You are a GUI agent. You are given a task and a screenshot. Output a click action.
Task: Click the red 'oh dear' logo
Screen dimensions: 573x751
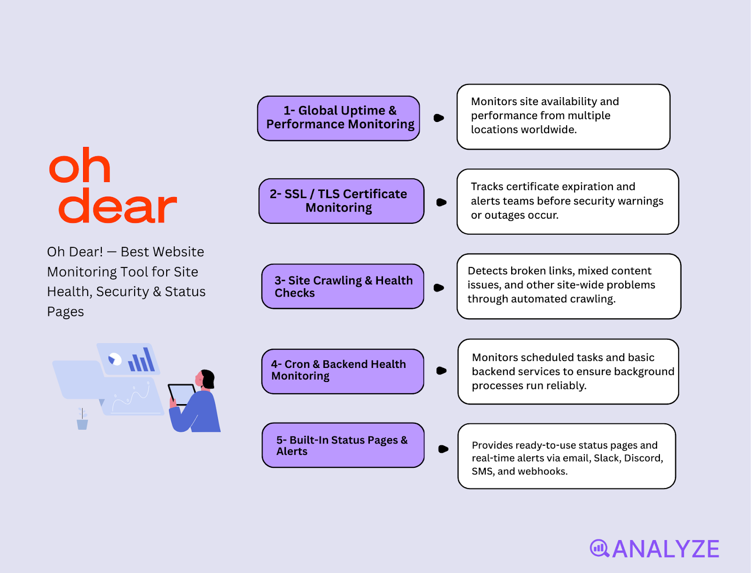click(x=113, y=186)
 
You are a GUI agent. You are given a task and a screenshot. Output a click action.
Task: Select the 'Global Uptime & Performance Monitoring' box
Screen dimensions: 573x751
click(x=338, y=118)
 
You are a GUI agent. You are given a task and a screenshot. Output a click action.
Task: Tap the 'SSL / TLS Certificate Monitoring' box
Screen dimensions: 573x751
click(x=341, y=201)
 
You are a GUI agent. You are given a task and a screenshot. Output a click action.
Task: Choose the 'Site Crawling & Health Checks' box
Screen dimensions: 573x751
click(x=343, y=286)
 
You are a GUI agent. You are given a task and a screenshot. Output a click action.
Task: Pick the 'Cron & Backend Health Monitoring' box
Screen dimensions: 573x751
click(x=343, y=371)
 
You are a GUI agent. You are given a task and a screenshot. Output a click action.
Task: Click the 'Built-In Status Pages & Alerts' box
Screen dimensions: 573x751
click(x=343, y=445)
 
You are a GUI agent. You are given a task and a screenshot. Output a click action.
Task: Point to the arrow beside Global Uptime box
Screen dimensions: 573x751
click(x=439, y=118)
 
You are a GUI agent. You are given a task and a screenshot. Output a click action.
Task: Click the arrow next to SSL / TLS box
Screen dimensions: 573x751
click(x=441, y=202)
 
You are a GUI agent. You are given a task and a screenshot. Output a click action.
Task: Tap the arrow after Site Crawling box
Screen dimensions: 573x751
click(x=439, y=288)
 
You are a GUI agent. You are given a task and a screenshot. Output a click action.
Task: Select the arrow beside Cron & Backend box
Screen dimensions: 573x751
click(x=441, y=371)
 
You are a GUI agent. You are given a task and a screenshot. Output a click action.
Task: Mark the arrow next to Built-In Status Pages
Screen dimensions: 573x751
click(x=443, y=449)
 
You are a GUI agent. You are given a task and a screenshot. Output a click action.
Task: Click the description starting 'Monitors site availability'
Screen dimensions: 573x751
click(x=563, y=116)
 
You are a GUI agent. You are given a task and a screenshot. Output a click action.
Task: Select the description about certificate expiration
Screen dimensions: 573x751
click(x=567, y=201)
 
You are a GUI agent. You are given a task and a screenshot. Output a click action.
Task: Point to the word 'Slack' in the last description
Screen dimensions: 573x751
click(x=606, y=458)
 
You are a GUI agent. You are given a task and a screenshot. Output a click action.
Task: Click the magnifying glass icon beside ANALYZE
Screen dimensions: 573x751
click(x=599, y=548)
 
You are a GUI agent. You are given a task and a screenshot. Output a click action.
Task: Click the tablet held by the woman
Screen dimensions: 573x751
click(x=182, y=393)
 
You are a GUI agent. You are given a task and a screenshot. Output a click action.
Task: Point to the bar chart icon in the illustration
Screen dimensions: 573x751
click(x=141, y=360)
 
